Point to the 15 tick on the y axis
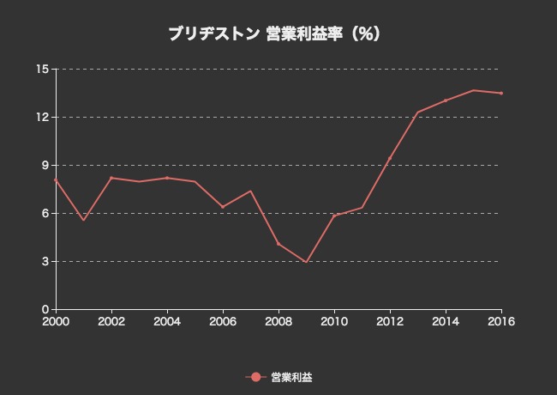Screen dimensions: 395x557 42,69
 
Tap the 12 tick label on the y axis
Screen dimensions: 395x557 42,117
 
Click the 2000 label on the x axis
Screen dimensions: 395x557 56,321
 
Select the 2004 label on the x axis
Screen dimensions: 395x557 167,321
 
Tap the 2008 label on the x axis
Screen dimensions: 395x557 278,321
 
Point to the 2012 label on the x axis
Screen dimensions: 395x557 390,321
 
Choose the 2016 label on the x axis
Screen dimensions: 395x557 500,321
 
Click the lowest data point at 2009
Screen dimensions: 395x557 306,263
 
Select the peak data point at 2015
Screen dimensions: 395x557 473,90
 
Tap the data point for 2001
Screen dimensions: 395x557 83,220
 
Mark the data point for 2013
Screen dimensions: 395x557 417,112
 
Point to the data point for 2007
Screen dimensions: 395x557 250,191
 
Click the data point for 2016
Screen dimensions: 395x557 501,93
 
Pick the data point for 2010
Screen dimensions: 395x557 334,216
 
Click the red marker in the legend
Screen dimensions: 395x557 255,377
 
